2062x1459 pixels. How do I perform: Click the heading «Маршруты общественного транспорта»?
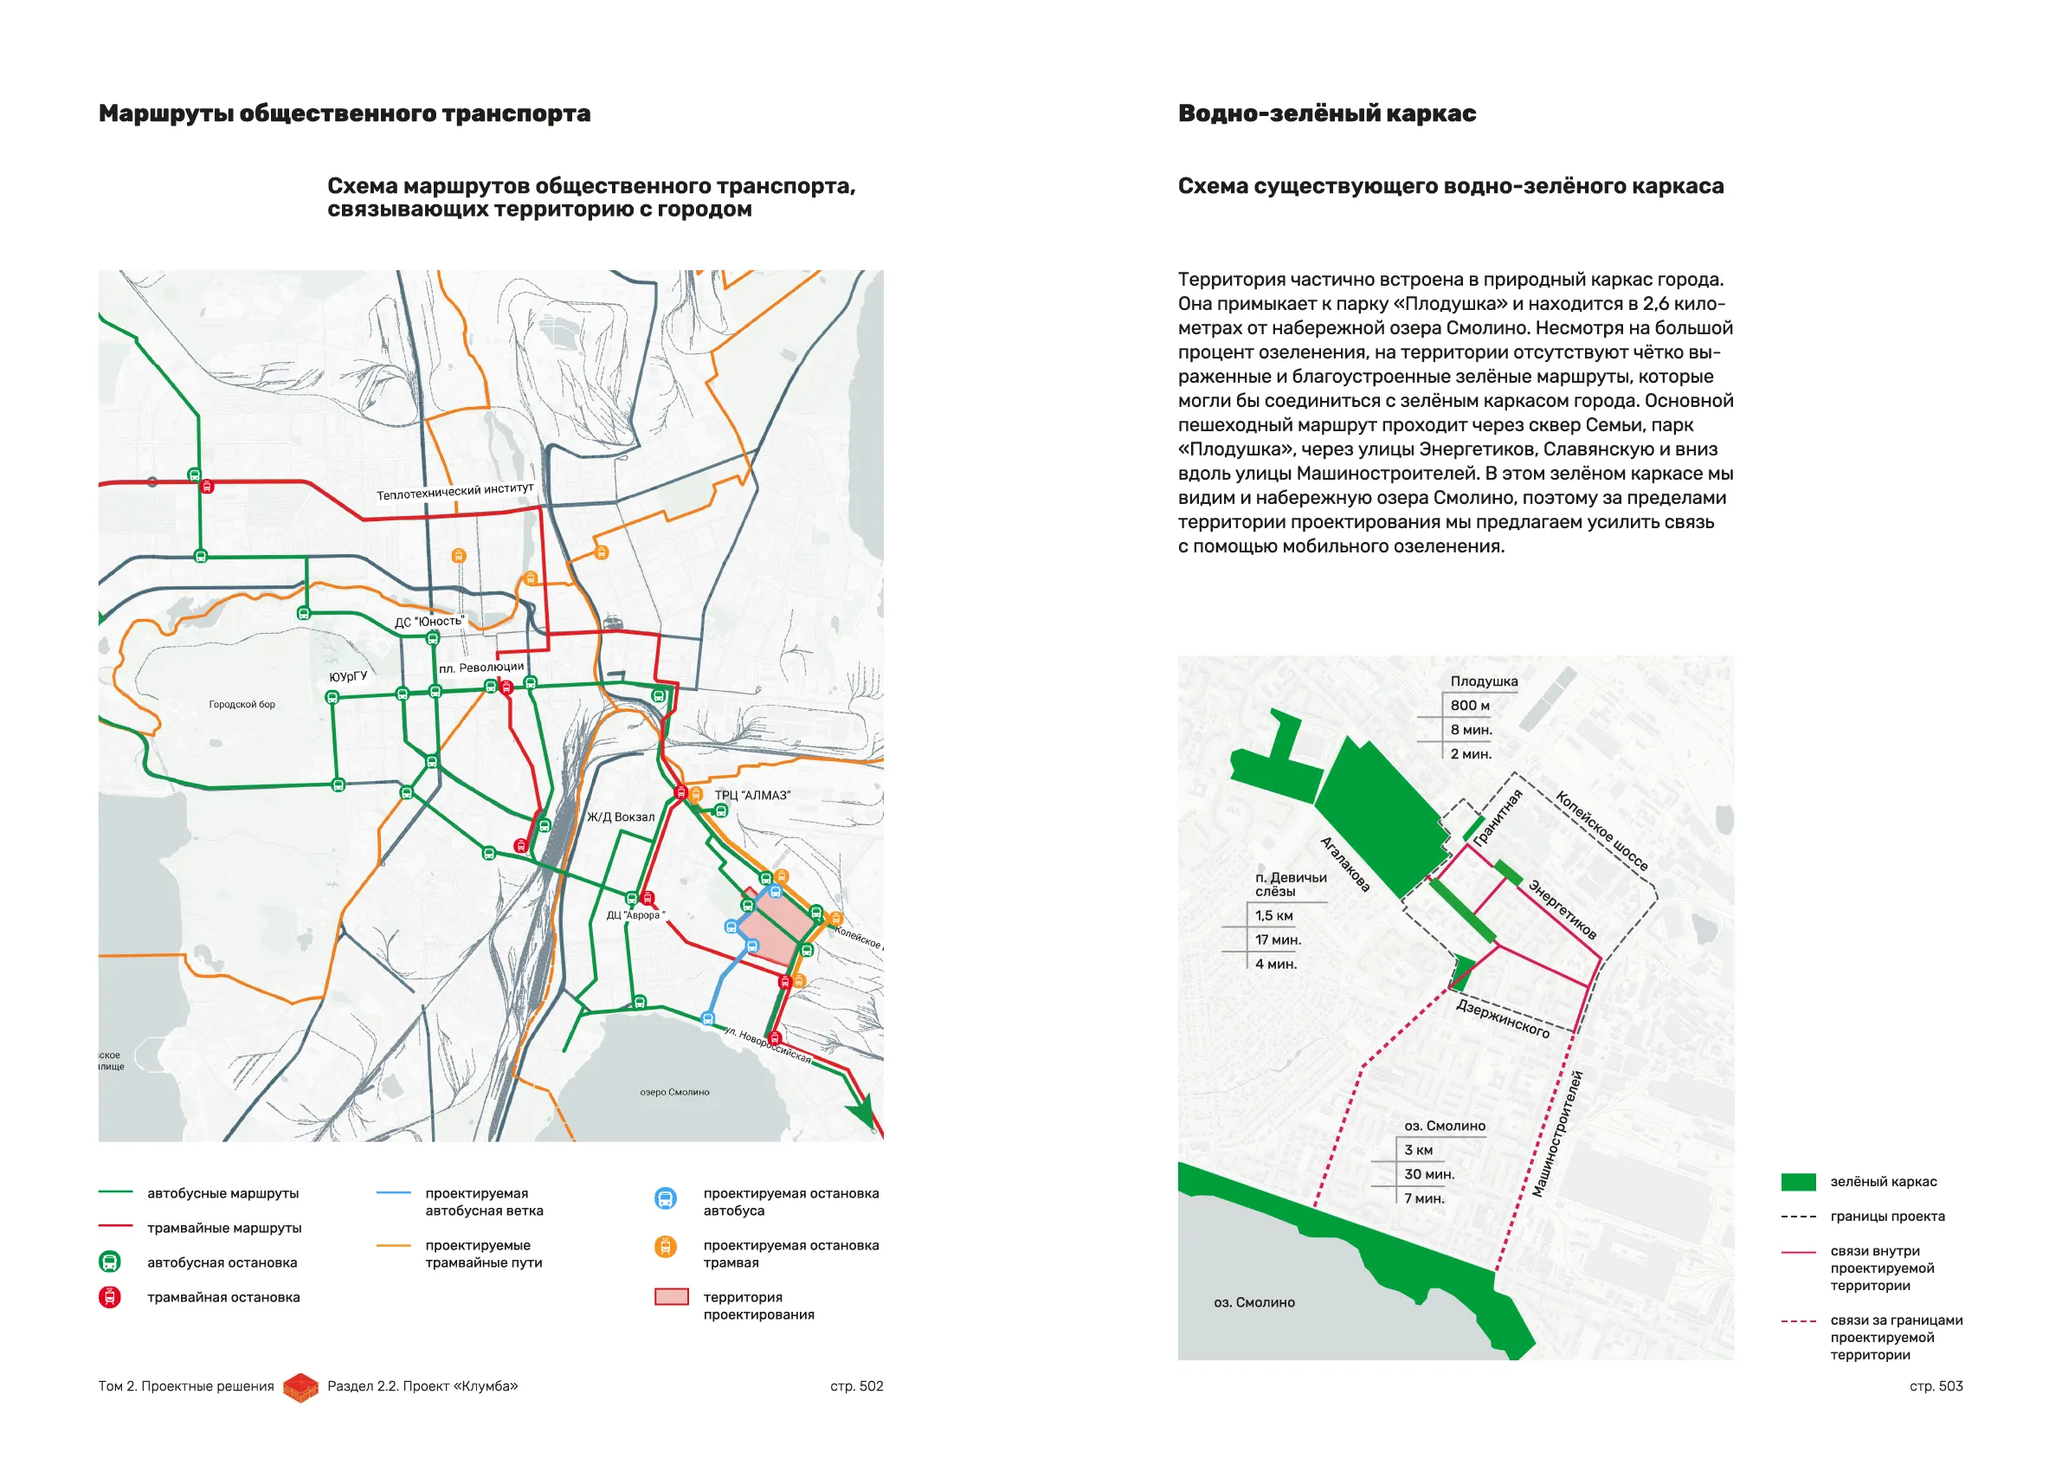(x=344, y=114)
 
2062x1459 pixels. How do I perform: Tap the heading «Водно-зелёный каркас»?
(x=1326, y=114)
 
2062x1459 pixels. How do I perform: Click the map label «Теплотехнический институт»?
(x=454, y=492)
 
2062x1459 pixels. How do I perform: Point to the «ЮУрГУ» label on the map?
(x=347, y=677)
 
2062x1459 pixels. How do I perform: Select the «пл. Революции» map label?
(x=481, y=668)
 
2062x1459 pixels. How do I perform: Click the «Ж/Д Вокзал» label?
(x=621, y=817)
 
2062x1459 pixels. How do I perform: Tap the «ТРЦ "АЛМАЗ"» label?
(x=751, y=795)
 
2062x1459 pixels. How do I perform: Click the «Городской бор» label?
(x=242, y=704)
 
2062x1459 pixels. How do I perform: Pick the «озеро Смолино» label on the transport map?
(x=674, y=1093)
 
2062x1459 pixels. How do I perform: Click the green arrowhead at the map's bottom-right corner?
(x=862, y=1114)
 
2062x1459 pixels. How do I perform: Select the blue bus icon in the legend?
(x=666, y=1199)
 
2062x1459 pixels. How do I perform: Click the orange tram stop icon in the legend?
(x=666, y=1247)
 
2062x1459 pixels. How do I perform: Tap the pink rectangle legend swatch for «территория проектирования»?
(x=672, y=1297)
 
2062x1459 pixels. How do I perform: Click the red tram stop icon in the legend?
(x=110, y=1297)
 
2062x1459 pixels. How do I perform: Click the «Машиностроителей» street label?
(x=1558, y=1133)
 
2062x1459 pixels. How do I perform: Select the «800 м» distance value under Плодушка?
(x=1470, y=705)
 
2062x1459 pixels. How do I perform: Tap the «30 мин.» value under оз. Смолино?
(x=1429, y=1174)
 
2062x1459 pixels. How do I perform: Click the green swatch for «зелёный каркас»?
(x=1798, y=1182)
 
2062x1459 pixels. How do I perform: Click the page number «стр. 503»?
(x=1936, y=1386)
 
